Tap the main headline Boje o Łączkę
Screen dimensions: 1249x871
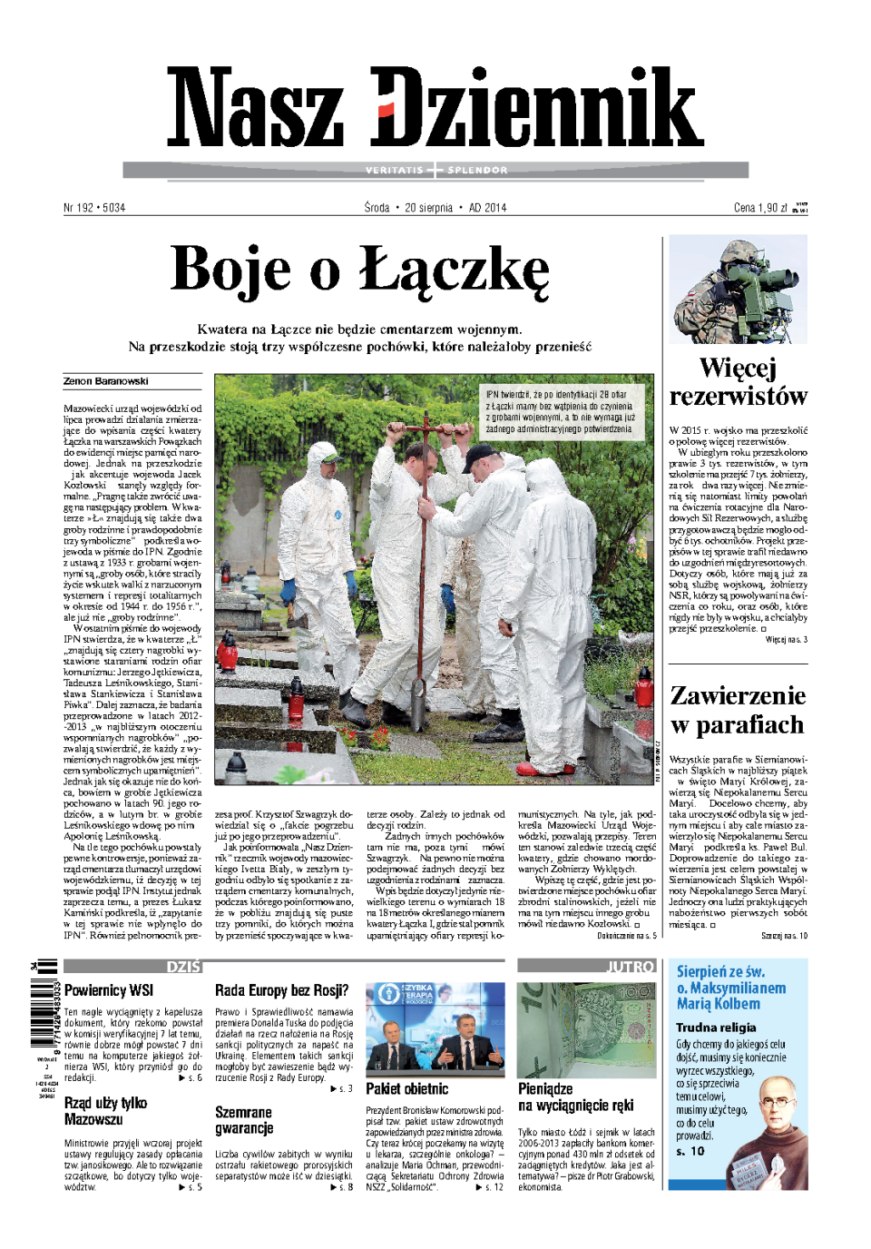360,270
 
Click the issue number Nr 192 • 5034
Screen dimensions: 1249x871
94,208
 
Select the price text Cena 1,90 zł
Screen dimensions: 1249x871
760,208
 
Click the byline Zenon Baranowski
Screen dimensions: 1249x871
106,381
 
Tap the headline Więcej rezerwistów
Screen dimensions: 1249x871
738,382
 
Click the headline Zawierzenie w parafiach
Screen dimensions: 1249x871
738,710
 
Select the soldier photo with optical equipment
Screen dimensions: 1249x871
738,290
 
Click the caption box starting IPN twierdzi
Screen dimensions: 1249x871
561,412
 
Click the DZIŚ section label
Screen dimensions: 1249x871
183,967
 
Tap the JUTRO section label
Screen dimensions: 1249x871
631,967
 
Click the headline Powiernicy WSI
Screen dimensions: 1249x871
109,990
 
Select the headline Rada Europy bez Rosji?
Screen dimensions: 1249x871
281,990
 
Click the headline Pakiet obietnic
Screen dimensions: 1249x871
406,1088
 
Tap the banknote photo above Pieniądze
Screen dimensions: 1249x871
586,1029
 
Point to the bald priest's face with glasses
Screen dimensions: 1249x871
776,1100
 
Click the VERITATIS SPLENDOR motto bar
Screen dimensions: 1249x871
435,170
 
